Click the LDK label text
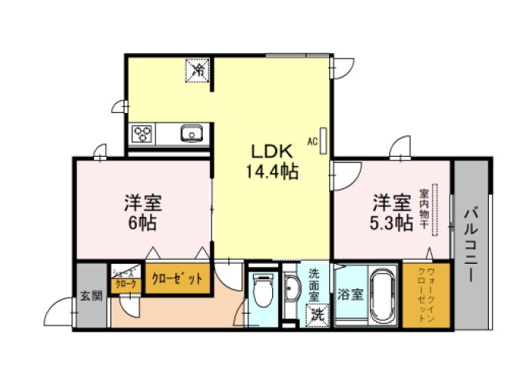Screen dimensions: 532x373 (271, 152)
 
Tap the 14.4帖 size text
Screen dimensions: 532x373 (272, 172)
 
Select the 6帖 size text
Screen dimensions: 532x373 (142, 223)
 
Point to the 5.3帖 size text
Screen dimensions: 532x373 (391, 223)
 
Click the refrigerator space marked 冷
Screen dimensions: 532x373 (197, 70)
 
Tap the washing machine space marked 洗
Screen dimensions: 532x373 (318, 315)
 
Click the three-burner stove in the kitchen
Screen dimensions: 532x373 (141, 134)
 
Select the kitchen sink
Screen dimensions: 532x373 (192, 133)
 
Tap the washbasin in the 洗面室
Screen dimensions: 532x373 (291, 288)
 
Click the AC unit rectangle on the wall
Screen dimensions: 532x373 (324, 141)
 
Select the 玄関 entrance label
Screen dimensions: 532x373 (91, 295)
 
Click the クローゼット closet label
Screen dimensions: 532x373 (177, 278)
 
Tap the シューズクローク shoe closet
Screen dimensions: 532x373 (126, 278)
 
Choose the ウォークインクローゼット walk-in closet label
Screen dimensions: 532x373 (427, 295)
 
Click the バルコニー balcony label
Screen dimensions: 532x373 (470, 245)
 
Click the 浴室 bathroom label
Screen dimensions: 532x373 (350, 294)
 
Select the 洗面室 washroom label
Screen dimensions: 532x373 (314, 285)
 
